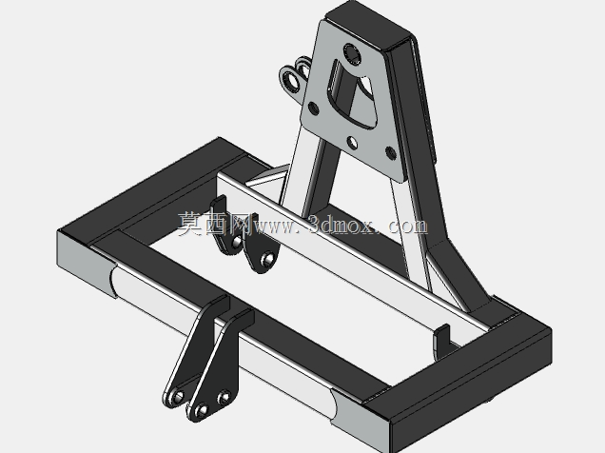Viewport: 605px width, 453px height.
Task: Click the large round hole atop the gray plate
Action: (352, 54)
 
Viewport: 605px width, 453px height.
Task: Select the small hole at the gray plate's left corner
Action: (313, 108)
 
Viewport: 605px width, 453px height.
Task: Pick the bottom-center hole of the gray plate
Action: (352, 143)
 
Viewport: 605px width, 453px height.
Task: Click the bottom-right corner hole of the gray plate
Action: (390, 153)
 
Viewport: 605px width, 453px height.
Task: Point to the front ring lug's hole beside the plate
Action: (292, 82)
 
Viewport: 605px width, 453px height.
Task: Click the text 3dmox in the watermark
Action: (342, 225)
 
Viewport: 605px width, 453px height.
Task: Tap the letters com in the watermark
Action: (408, 226)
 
